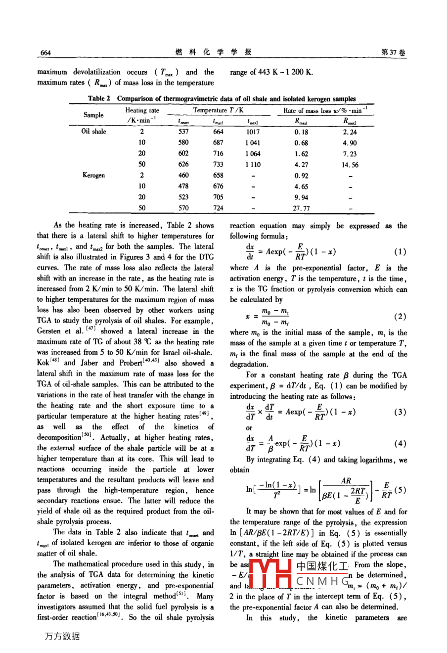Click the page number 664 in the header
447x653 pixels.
tap(45, 53)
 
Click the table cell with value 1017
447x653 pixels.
tap(253, 132)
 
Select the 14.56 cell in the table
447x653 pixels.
tap(350, 165)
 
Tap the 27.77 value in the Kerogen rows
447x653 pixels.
tap(301, 208)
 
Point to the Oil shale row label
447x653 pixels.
tap(94, 132)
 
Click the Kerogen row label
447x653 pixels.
tap(93, 175)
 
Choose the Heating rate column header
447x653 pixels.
tap(142, 111)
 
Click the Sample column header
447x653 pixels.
tap(93, 115)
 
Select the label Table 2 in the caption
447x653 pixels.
tap(99, 98)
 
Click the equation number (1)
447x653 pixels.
tap(400, 252)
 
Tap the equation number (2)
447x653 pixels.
tap(400, 316)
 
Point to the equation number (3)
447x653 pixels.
tap(400, 412)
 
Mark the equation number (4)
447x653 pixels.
tap(400, 444)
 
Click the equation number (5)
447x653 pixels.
tap(400, 490)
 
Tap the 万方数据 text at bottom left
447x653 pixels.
tap(62, 637)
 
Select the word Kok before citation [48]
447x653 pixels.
tap(43, 363)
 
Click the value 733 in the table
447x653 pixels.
tap(218, 165)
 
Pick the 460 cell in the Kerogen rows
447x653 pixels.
tap(183, 175)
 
